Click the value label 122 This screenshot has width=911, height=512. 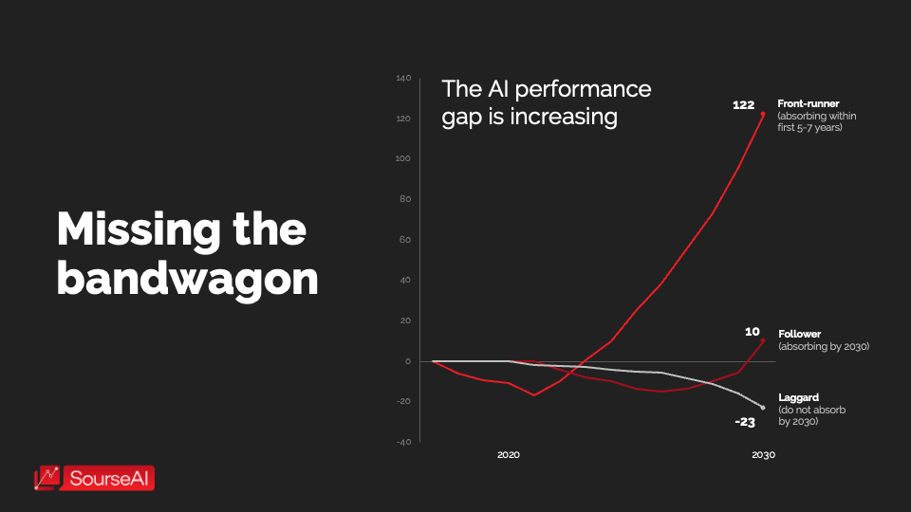click(x=743, y=105)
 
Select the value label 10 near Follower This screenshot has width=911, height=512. click(x=752, y=332)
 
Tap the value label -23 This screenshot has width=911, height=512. click(x=744, y=422)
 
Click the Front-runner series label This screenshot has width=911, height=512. click(x=808, y=103)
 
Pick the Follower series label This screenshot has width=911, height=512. click(x=799, y=334)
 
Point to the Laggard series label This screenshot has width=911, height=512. click(x=798, y=398)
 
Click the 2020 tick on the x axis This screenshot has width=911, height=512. click(x=509, y=455)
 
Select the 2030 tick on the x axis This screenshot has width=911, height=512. click(x=763, y=455)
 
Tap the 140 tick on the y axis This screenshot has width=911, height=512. click(x=402, y=78)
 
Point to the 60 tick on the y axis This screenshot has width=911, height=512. click(x=405, y=240)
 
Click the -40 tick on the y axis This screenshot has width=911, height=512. click(x=403, y=442)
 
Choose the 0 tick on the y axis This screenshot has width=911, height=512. click(x=407, y=361)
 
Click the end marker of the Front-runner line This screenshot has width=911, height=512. click(x=763, y=114)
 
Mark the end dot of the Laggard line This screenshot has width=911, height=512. click(x=763, y=408)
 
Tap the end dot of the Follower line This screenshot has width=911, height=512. click(x=763, y=340)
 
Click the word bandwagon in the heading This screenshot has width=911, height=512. click(x=187, y=278)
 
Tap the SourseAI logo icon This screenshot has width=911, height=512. click(x=48, y=478)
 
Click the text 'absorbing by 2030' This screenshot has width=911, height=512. click(x=824, y=347)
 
